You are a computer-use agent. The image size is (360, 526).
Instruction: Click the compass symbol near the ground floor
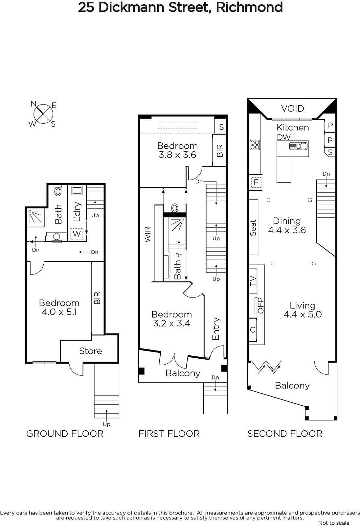coord(43,114)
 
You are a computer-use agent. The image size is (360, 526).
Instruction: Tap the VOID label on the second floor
coord(292,108)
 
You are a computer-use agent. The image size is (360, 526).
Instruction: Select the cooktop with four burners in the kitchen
coord(255,145)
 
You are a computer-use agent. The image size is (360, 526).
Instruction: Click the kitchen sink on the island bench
coord(298,146)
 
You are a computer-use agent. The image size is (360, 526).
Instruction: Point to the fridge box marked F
coord(256,182)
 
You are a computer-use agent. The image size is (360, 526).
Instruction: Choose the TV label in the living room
coord(253,281)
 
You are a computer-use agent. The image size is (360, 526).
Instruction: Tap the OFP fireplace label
coord(261,305)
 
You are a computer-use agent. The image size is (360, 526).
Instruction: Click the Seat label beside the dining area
coord(253,227)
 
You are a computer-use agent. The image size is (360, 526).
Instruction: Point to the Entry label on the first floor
coord(216,329)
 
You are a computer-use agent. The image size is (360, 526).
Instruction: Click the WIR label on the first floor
coord(147,234)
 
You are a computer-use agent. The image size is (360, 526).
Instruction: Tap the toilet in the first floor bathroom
coord(175,208)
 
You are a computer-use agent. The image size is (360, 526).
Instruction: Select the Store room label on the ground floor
coord(90,351)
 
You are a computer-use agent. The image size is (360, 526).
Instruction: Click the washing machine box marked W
coord(77,234)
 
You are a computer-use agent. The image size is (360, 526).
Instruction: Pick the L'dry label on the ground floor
coord(77,212)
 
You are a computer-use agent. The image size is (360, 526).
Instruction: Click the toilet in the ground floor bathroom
coord(58,190)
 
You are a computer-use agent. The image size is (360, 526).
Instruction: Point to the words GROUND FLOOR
coord(65,434)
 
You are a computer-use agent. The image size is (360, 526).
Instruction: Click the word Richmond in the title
coord(249,7)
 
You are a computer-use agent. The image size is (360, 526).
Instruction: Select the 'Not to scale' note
coord(334,523)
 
